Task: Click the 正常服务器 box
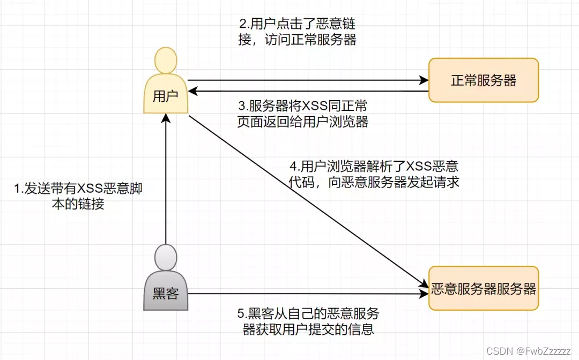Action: (484, 80)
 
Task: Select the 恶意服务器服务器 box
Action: (484, 289)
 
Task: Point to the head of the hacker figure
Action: (166, 257)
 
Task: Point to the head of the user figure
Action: (166, 60)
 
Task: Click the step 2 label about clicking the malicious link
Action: (297, 32)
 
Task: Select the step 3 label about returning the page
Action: (303, 113)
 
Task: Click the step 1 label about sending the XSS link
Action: (78, 196)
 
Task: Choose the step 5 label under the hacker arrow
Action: (308, 321)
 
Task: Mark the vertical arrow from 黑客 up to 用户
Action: (166, 182)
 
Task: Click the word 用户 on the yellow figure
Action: (166, 96)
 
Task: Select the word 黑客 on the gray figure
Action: (166, 293)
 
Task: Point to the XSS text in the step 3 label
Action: (318, 104)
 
